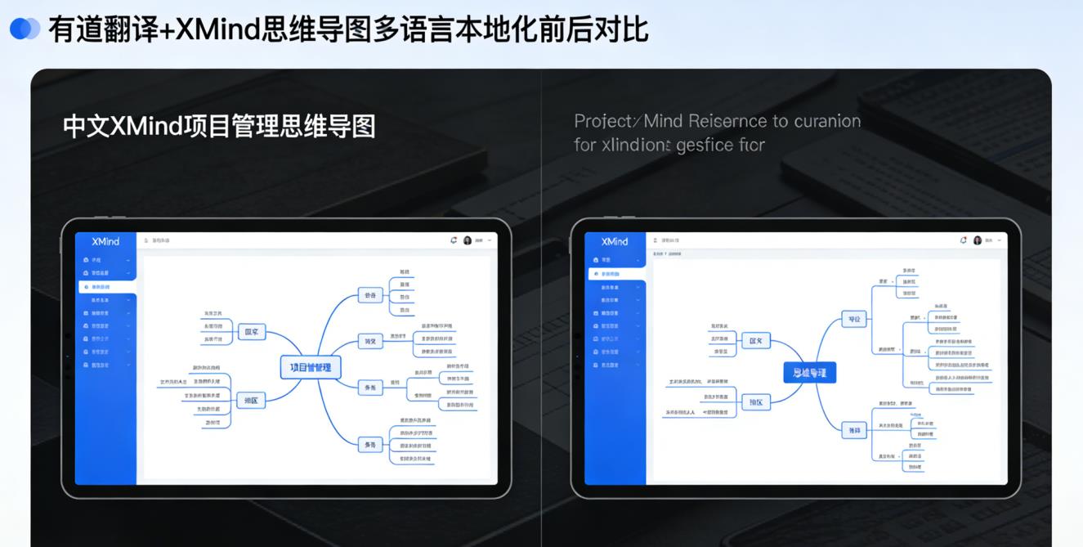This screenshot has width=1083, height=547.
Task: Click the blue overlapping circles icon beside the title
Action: pyautogui.click(x=25, y=29)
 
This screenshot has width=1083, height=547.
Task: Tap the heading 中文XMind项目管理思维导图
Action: pyautogui.click(x=219, y=127)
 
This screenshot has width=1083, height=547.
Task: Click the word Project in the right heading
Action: pyautogui.click(x=602, y=121)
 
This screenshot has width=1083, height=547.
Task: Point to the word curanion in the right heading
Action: pyautogui.click(x=827, y=121)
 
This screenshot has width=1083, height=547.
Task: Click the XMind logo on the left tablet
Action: pyautogui.click(x=105, y=241)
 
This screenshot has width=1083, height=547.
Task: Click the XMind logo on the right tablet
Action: pyautogui.click(x=615, y=241)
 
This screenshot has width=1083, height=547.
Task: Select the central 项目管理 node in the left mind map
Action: pyautogui.click(x=311, y=367)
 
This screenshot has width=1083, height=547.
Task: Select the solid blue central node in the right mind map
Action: pyautogui.click(x=809, y=373)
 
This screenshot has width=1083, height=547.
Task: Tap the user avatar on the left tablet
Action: pyautogui.click(x=468, y=240)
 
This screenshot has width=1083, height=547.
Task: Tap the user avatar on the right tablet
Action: pyautogui.click(x=977, y=240)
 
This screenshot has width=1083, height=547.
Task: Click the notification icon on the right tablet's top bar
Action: pyautogui.click(x=963, y=240)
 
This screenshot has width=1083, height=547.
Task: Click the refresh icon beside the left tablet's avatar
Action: pyautogui.click(x=454, y=240)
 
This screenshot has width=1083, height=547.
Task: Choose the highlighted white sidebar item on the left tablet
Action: pyautogui.click(x=107, y=287)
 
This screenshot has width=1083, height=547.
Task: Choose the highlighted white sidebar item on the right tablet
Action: pyautogui.click(x=616, y=274)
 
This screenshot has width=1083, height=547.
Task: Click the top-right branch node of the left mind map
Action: pyautogui.click(x=370, y=295)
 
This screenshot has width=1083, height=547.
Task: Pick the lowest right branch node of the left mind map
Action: pyautogui.click(x=370, y=445)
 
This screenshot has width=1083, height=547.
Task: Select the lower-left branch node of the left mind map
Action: pyautogui.click(x=250, y=401)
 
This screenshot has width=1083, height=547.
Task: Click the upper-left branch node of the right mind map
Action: pyautogui.click(x=755, y=341)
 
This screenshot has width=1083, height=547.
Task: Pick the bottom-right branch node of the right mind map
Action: pyautogui.click(x=854, y=430)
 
